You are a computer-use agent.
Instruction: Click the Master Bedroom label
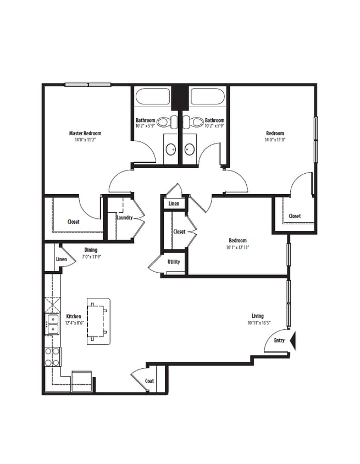(85, 133)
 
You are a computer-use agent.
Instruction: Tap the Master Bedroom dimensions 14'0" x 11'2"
(85, 140)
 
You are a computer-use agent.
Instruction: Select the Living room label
(257, 316)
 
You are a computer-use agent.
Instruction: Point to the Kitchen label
(74, 317)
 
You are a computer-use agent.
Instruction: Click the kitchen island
(98, 322)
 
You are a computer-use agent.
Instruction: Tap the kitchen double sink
(53, 324)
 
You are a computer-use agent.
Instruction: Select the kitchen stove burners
(52, 356)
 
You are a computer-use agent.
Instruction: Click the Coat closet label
(149, 380)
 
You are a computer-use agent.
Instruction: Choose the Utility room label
(174, 262)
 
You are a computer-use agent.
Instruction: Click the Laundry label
(124, 218)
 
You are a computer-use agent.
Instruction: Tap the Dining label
(91, 250)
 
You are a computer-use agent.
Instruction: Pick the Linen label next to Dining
(61, 259)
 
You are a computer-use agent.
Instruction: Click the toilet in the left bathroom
(164, 121)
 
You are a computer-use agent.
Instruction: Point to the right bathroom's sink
(190, 148)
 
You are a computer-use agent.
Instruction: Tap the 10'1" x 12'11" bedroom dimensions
(237, 247)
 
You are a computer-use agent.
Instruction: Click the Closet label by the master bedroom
(73, 222)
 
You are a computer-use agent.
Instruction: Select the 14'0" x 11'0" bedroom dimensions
(275, 140)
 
